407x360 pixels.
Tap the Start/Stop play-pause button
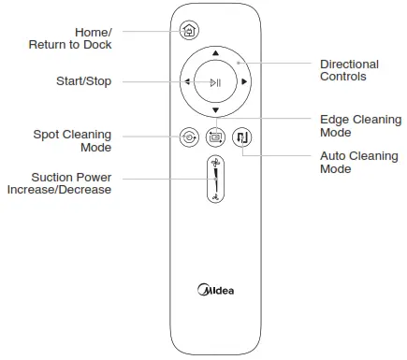(x=215, y=82)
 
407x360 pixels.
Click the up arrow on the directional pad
(x=215, y=53)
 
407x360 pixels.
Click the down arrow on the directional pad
(x=215, y=111)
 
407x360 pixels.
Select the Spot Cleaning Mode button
(x=189, y=136)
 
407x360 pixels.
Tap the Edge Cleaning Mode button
(x=215, y=136)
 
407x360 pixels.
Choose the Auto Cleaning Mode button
(x=242, y=136)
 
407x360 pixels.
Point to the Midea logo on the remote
(x=215, y=289)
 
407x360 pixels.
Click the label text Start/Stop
(x=83, y=81)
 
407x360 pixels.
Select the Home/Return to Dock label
(x=80, y=37)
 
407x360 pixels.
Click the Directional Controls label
(x=349, y=70)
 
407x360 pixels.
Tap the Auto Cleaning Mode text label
(x=358, y=163)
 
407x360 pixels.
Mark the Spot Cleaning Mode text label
(x=72, y=141)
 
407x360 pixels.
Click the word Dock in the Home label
(x=96, y=44)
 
